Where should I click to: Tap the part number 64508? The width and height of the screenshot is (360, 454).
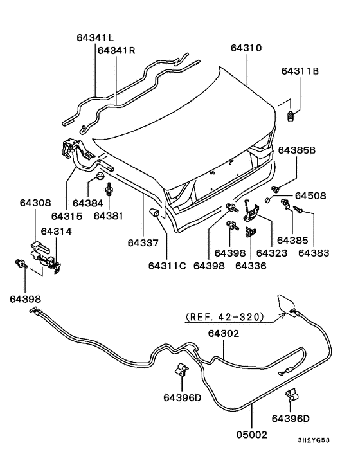(x=310, y=195)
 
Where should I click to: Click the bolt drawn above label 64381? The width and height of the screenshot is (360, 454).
(x=110, y=190)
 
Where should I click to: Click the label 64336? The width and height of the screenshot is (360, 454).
(x=251, y=264)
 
